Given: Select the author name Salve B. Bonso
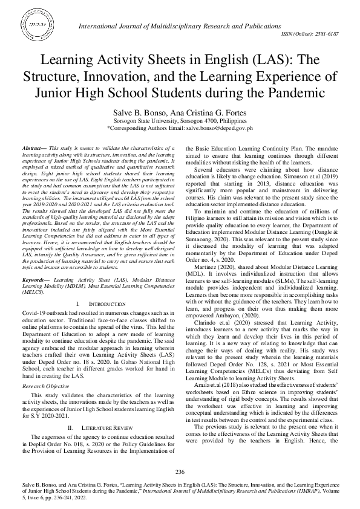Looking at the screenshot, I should coord(136,112).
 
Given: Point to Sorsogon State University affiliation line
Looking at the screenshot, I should coord(180,121).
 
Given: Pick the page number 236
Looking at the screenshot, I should coord(180,472).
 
